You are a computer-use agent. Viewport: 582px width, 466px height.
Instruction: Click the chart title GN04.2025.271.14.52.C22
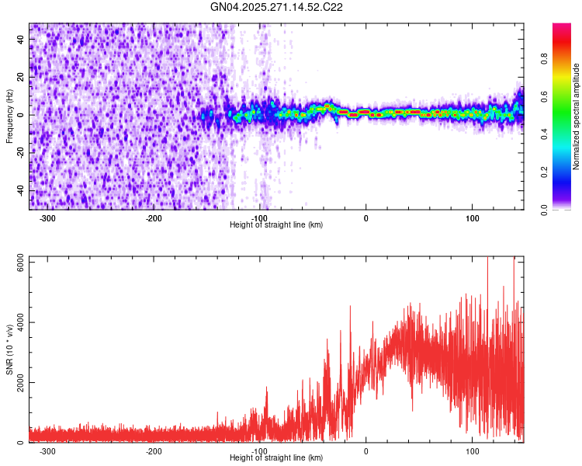[x=277, y=7]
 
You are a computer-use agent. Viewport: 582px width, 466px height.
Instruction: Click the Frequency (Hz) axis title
[x=9, y=116]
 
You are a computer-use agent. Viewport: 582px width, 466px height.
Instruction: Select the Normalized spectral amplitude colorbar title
[x=577, y=116]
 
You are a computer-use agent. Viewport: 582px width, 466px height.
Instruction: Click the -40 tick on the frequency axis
[x=19, y=190]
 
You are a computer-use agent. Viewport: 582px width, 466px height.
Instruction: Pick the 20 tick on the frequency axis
[x=20, y=77]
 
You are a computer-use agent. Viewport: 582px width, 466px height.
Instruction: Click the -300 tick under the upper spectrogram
[x=47, y=218]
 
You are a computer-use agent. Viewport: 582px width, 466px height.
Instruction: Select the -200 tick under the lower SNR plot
[x=154, y=451]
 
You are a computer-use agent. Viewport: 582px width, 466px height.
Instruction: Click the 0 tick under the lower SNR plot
[x=366, y=451]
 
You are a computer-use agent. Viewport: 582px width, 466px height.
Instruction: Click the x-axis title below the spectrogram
[x=276, y=225]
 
